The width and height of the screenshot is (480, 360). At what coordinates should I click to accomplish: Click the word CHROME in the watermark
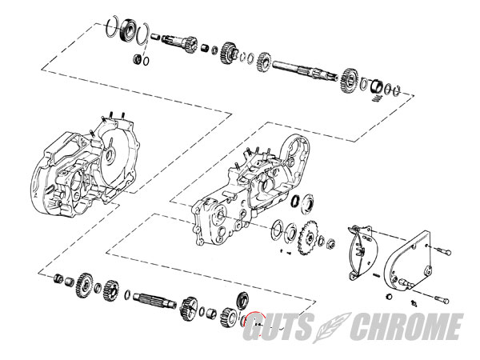[406, 326]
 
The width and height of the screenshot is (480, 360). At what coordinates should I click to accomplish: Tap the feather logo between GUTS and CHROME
[331, 327]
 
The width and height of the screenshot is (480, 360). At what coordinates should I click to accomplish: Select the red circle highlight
[257, 323]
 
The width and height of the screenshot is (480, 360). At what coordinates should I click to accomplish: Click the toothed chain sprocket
[309, 238]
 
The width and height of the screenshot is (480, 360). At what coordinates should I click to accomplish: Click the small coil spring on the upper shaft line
[378, 98]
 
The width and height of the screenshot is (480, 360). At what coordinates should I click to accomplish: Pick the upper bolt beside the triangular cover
[441, 251]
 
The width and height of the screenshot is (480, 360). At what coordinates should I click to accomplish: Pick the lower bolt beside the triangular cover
[441, 298]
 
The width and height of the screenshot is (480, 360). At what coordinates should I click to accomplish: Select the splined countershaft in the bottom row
[155, 300]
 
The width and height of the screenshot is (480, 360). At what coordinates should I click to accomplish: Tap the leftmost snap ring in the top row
[111, 26]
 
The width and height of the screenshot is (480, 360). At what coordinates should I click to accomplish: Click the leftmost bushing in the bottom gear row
[58, 279]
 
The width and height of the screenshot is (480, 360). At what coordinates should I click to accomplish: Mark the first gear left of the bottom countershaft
[111, 291]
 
